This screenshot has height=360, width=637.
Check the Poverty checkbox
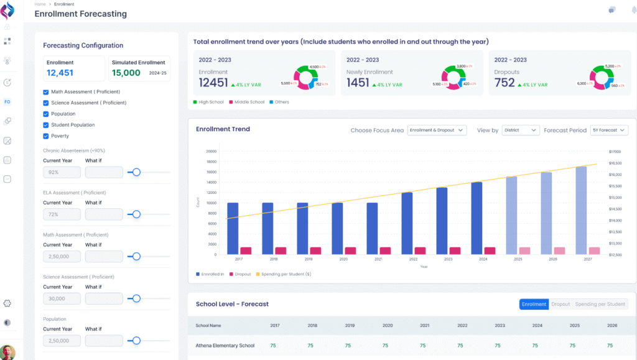46,136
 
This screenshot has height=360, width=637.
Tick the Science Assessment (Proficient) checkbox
46,103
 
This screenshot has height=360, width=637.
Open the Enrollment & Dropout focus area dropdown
437,131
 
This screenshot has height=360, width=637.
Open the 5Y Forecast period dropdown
609,131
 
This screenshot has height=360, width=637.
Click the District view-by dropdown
521,131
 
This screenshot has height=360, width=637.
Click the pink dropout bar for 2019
315,251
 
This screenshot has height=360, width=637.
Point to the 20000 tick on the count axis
211,151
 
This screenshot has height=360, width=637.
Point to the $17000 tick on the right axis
615,151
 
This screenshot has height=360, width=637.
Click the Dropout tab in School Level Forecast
560,304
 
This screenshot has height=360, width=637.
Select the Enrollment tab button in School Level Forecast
534,304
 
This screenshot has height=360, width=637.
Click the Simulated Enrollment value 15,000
126,73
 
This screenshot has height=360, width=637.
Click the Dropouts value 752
504,83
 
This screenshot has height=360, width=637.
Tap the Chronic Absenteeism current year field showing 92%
62,172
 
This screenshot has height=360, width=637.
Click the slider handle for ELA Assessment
136,215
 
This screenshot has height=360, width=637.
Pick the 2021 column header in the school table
425,325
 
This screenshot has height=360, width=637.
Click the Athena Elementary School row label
225,346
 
